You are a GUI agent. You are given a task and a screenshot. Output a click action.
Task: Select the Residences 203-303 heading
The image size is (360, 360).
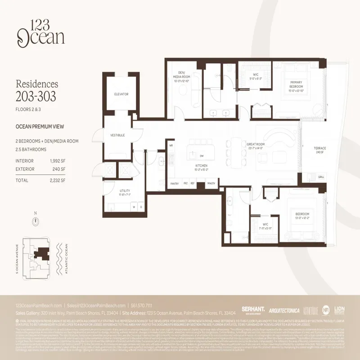(37, 90)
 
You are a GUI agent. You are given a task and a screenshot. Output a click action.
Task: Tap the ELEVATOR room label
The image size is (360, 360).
(121, 94)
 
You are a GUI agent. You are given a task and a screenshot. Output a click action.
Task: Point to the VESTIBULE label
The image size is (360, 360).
(117, 135)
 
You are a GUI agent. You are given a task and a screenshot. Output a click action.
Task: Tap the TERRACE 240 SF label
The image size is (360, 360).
(308, 150)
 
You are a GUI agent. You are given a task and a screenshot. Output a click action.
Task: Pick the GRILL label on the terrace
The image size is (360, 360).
(308, 177)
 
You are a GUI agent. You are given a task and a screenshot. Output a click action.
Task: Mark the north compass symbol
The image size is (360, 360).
(36, 221)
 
